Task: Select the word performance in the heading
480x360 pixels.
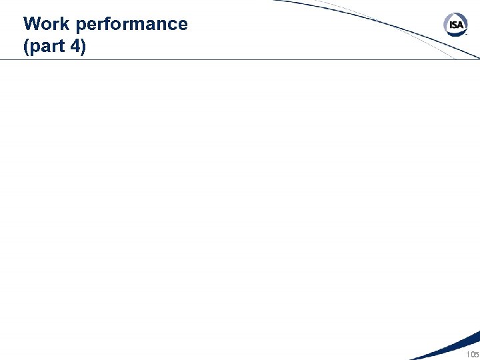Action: coord(132,25)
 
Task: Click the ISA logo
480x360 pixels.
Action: coord(455,25)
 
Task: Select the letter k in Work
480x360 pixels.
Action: coord(65,24)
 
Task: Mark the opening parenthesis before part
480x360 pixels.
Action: coord(27,48)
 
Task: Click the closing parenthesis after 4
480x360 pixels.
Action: coord(83,48)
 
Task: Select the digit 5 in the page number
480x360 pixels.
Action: coord(476,353)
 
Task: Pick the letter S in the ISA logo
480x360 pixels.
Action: coord(455,25)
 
